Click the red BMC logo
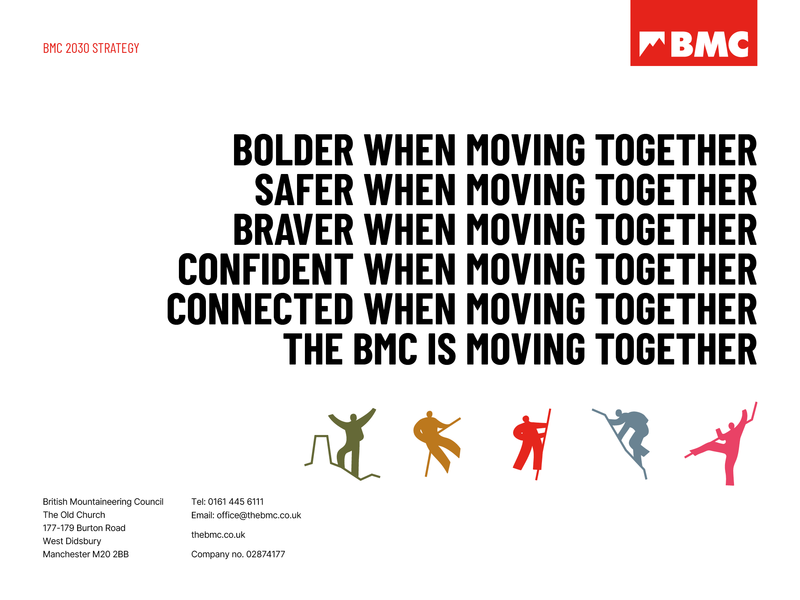[693, 33]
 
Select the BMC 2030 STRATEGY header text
[91, 48]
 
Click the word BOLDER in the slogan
[293, 150]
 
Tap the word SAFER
[304, 190]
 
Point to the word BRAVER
[293, 230]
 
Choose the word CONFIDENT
[266, 269]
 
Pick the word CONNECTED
[260, 309]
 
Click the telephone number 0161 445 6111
[236, 502]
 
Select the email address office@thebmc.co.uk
[259, 515]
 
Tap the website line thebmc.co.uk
[218, 535]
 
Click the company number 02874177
[266, 554]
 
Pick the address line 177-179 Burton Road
[84, 528]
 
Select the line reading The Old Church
[74, 515]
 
